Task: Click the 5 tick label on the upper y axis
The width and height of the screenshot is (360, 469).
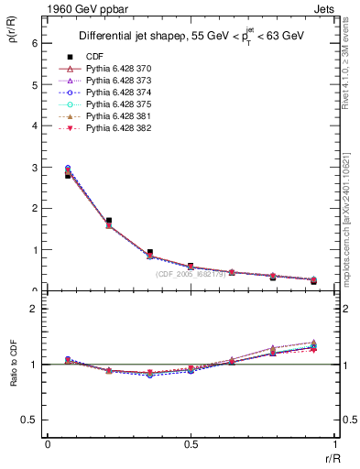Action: pos(34,84)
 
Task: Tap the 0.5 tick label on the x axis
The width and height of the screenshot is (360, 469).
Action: pos(191,444)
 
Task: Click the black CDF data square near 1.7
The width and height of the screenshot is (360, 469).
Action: pos(108,221)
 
